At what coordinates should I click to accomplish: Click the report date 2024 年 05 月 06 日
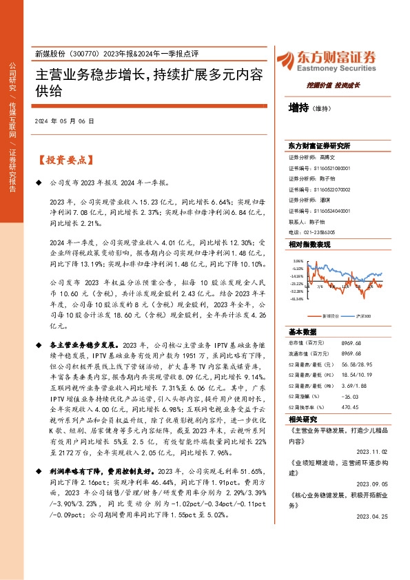pos(64,121)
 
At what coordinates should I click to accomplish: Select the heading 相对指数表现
pos(309,245)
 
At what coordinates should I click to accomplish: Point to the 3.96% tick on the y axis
pos(298,261)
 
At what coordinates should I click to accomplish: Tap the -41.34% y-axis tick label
pos(297,299)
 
